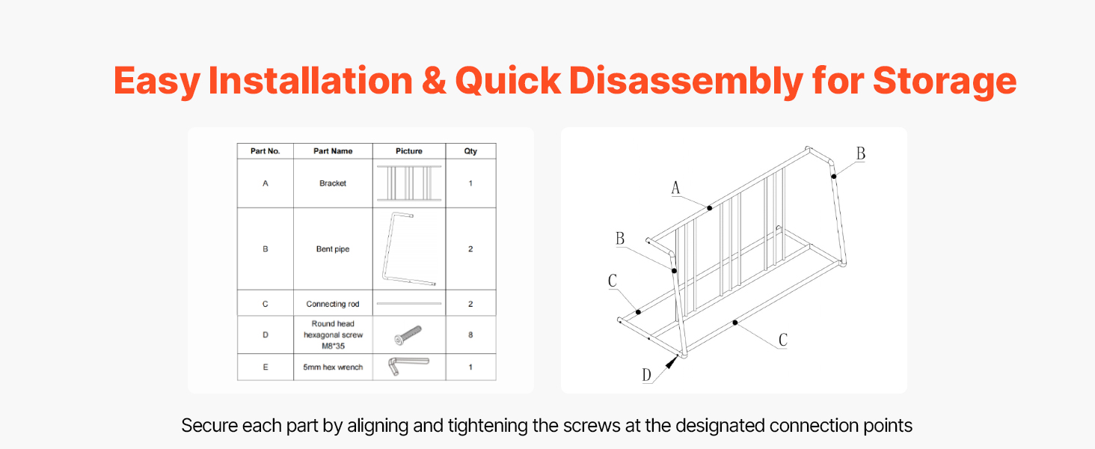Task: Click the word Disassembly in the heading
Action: pyautogui.click(x=686, y=81)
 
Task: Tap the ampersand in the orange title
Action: pyautogui.click(x=434, y=81)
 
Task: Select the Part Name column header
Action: pyautogui.click(x=333, y=151)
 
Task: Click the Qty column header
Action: pyautogui.click(x=470, y=151)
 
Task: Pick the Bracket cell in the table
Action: pyautogui.click(x=333, y=183)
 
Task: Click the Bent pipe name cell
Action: pyautogui.click(x=333, y=249)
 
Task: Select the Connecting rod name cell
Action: pyautogui.click(x=333, y=304)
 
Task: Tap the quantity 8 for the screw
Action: pyautogui.click(x=470, y=335)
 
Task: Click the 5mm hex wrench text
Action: pyautogui.click(x=333, y=367)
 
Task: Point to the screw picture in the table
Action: pyautogui.click(x=408, y=335)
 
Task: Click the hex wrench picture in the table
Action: pyautogui.click(x=408, y=365)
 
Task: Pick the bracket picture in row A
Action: pyautogui.click(x=409, y=183)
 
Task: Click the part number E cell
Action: pyautogui.click(x=266, y=367)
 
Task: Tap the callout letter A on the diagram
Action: pyautogui.click(x=675, y=187)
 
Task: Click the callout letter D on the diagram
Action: pyautogui.click(x=646, y=375)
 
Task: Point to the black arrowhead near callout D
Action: pyautogui.click(x=672, y=362)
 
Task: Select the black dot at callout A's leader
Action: pyautogui.click(x=710, y=208)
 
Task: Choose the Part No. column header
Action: pyautogui.click(x=266, y=151)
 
